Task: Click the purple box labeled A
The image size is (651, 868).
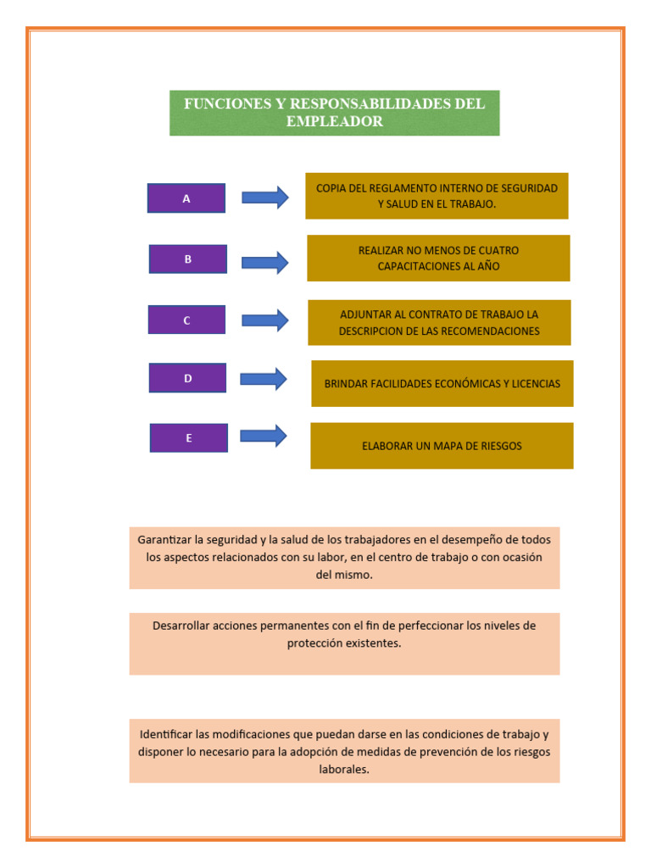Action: [x=186, y=198]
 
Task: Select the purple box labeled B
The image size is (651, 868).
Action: [x=188, y=259]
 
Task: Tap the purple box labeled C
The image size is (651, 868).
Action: [x=186, y=320]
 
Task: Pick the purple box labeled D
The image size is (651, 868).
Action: [x=188, y=378]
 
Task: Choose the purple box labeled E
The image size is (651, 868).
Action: [x=189, y=438]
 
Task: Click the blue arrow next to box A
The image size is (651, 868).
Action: [x=265, y=198]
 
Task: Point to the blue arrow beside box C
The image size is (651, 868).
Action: [x=265, y=320]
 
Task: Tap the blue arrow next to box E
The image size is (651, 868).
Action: [x=264, y=436]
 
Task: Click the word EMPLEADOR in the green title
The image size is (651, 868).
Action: [x=334, y=122]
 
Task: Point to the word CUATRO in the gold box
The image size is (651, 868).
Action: [x=497, y=251]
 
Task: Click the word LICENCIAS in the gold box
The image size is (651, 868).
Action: [x=534, y=384]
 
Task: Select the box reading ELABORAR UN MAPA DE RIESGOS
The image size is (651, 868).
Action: [x=442, y=446]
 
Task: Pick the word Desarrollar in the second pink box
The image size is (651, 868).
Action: [x=181, y=626]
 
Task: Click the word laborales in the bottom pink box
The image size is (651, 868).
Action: [x=344, y=770]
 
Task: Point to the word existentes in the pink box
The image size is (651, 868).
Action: [x=371, y=643]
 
